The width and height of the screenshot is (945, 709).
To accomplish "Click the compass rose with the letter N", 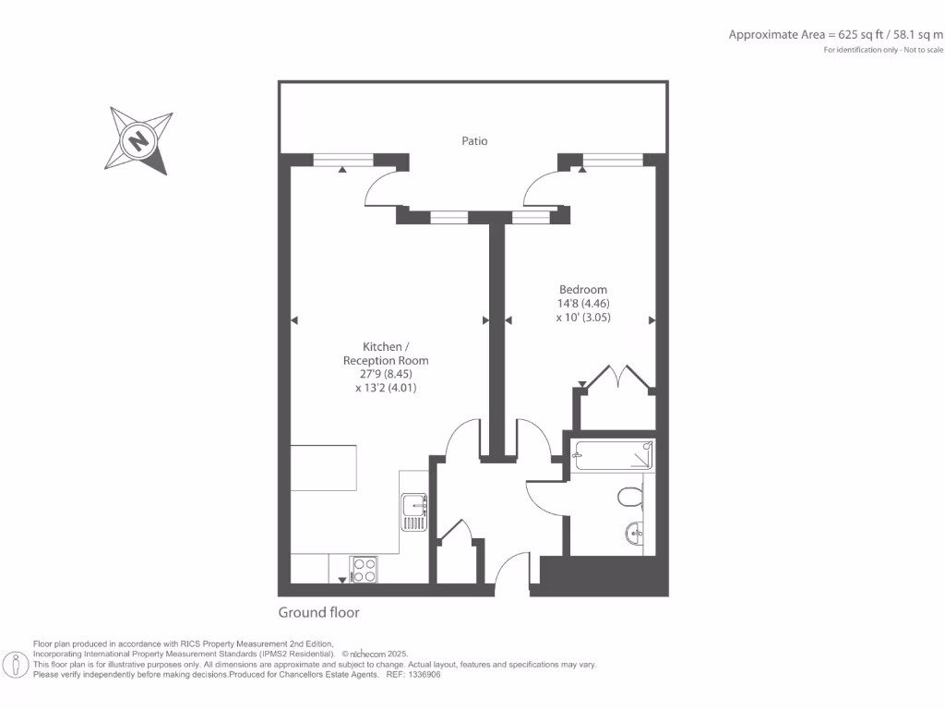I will tap(139, 140).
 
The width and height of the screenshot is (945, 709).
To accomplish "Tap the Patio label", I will tap(474, 141).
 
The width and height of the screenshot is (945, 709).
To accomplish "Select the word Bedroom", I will tap(582, 289).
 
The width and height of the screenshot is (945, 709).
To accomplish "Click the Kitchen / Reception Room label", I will tap(385, 354).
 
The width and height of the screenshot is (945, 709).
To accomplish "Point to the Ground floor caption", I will tap(318, 613).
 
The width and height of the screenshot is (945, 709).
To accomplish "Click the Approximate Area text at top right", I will tap(835, 35).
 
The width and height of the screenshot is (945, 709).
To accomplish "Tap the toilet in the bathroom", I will tap(629, 498).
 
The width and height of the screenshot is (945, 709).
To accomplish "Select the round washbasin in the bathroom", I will tap(635, 532).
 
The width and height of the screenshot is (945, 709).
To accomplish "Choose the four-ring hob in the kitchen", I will tap(364, 569).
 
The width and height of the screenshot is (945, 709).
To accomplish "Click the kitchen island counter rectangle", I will tap(323, 468).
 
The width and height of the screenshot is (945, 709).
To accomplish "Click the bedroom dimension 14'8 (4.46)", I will tap(582, 303).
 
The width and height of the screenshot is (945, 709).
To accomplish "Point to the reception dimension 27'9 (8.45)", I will tap(385, 375).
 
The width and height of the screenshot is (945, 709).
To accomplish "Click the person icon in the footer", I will tap(16, 664).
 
